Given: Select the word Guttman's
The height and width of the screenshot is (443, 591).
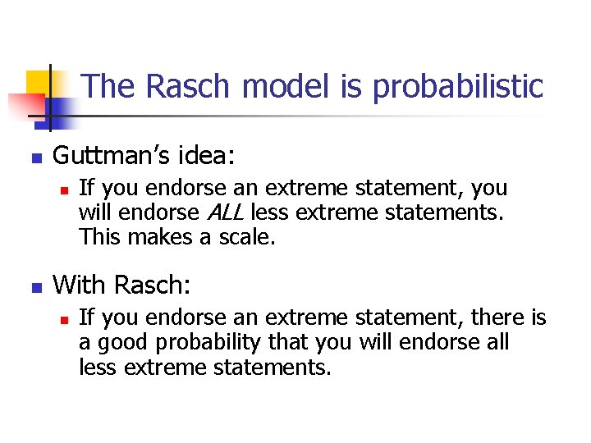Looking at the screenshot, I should point(109,154).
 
